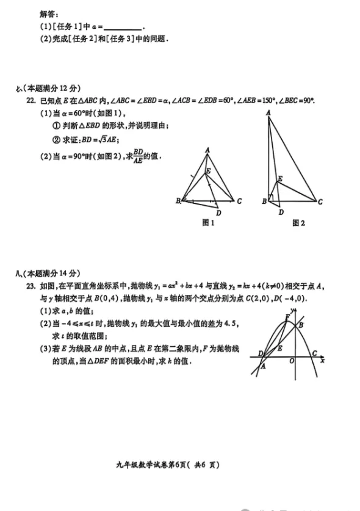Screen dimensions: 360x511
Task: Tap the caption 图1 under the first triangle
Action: (209, 223)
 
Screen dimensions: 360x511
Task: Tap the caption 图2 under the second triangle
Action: (298, 223)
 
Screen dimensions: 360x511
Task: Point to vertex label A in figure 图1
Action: (207, 150)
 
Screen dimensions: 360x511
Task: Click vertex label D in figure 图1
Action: (218, 212)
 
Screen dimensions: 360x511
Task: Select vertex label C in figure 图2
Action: (320, 202)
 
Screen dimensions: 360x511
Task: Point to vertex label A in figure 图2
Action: (268, 112)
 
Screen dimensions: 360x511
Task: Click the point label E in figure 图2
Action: (280, 179)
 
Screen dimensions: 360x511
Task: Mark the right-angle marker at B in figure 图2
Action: (271, 198)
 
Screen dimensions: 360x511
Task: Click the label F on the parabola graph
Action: (287, 316)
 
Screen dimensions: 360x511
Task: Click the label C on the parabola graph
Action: (314, 353)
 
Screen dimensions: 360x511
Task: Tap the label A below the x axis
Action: (263, 367)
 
